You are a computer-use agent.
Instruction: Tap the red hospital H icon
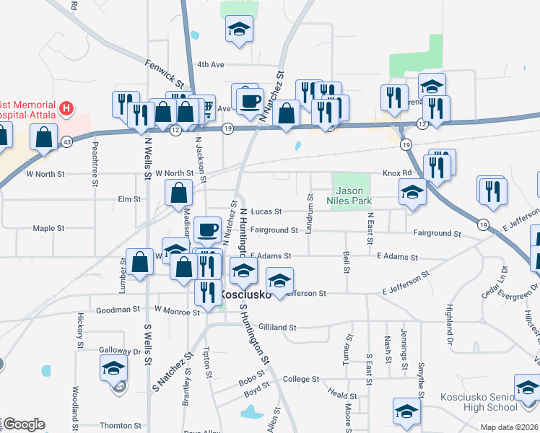pyautogui.click(x=66, y=109)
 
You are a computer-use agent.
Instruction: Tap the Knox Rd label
pyautogui.click(x=396, y=173)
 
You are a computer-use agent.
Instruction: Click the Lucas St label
pyautogui.click(x=266, y=211)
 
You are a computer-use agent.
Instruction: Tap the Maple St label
pyautogui.click(x=49, y=228)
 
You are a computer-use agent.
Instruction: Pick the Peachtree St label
pyautogui.click(x=95, y=162)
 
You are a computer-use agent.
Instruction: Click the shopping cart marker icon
pyautogui.click(x=206, y=108)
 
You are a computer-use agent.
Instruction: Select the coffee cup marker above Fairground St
pyautogui.click(x=207, y=229)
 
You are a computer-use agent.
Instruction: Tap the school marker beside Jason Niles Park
pyautogui.click(x=411, y=192)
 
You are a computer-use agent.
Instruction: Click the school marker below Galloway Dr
pyautogui.click(x=113, y=369)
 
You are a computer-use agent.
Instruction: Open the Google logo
pyautogui.click(x=23, y=424)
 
